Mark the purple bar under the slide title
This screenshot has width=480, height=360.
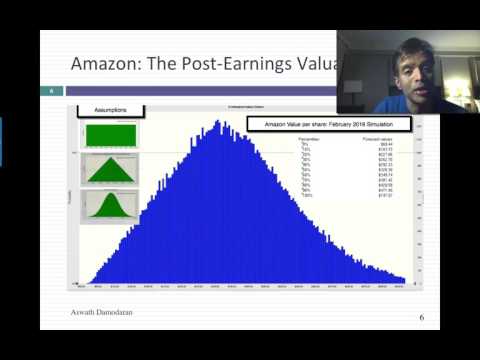tap(200, 90)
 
